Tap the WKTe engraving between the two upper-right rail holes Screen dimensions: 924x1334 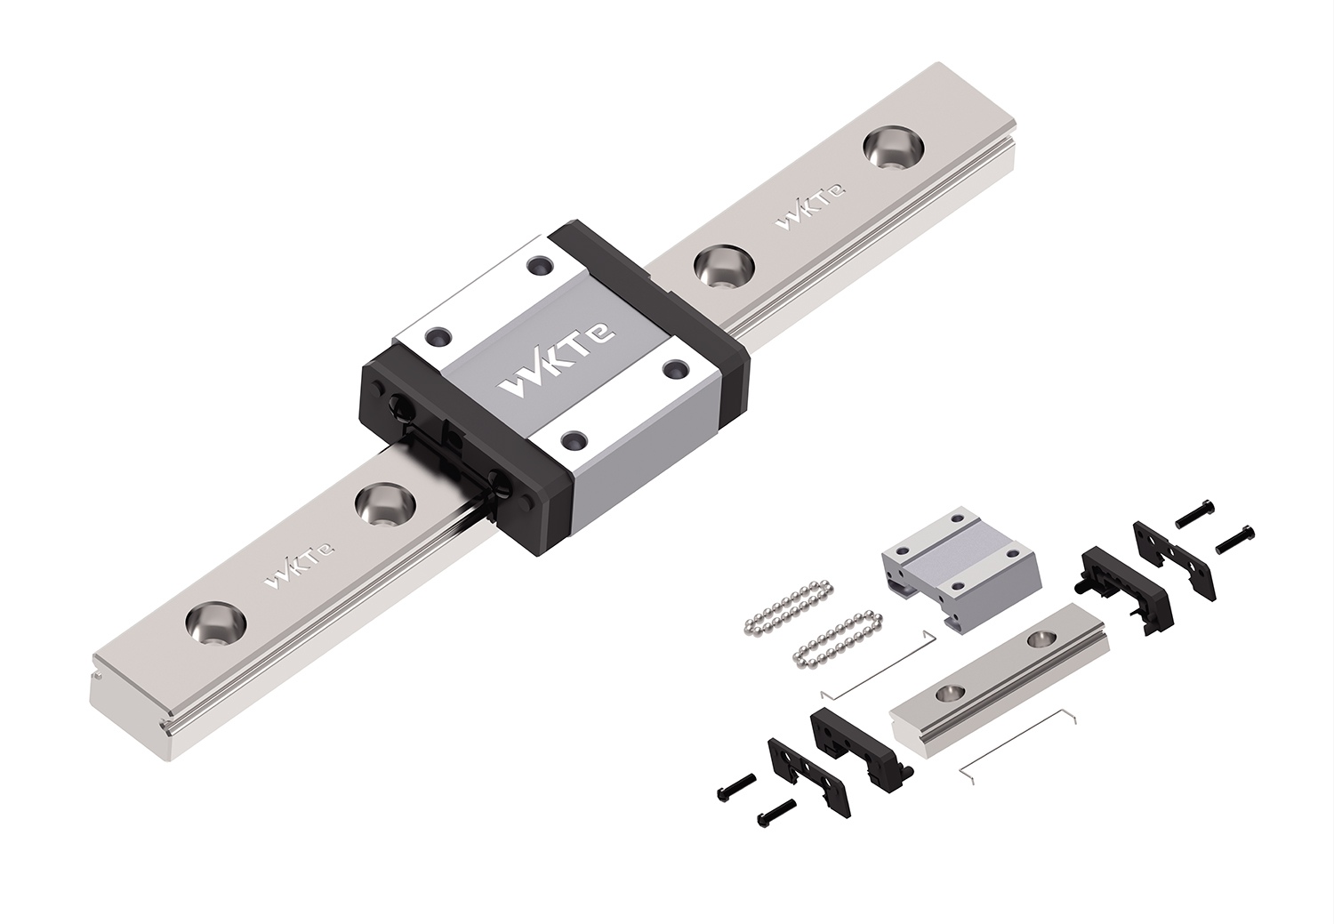pos(811,206)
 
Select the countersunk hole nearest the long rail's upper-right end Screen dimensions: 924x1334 pos(892,147)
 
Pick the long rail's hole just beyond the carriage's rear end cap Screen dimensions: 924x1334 pos(723,266)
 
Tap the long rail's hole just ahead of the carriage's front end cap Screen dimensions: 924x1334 pos(385,505)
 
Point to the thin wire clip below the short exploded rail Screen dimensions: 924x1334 pos(1023,742)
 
